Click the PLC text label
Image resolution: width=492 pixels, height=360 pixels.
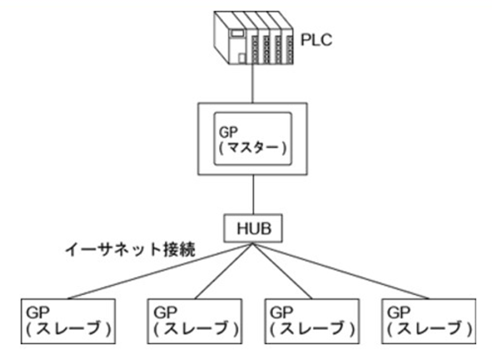coord(316,40)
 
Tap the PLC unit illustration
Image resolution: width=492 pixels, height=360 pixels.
coord(253,38)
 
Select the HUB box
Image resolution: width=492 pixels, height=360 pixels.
coord(253,228)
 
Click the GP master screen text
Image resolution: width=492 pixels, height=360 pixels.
coord(252,140)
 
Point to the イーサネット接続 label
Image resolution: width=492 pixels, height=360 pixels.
coord(130,250)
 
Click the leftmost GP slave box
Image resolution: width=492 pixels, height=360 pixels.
coord(68,321)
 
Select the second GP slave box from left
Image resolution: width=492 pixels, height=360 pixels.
coord(194,321)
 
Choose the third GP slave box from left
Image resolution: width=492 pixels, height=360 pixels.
coord(312,321)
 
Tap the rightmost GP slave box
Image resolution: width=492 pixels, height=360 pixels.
coord(429,321)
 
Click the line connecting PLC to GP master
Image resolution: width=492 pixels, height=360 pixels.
coord(253,84)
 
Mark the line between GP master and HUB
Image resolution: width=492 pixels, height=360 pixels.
coord(253,195)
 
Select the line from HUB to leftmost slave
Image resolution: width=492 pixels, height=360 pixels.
coord(160,271)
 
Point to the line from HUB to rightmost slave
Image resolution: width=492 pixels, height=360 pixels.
coord(340,271)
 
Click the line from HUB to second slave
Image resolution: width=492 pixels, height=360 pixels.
coord(223,271)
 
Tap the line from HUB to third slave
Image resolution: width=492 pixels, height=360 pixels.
coord(282,271)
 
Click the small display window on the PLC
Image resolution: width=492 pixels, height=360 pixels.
coord(237,34)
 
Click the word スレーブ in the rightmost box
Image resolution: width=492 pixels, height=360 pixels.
coord(430,328)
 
